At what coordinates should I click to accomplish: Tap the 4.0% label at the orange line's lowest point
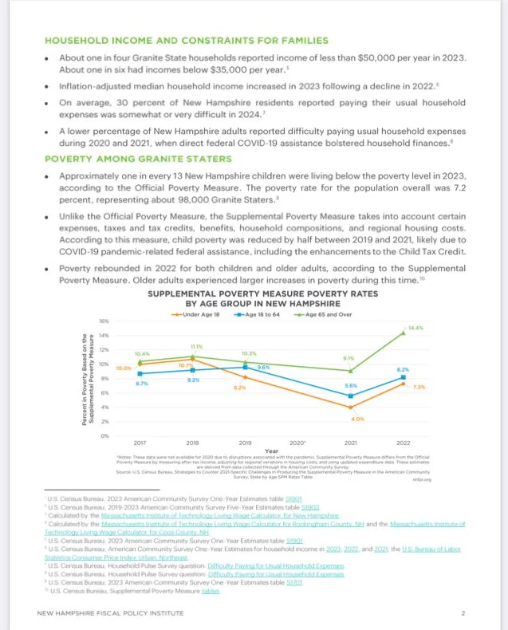pyautogui.click(x=356, y=419)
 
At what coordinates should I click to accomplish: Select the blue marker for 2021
pyautogui.click(x=350, y=396)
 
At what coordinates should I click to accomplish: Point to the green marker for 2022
pyautogui.click(x=403, y=332)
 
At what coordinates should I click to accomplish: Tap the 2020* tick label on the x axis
pyautogui.click(x=297, y=442)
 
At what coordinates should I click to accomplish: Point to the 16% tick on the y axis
pyautogui.click(x=104, y=321)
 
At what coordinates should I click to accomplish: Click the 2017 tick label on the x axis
pyautogui.click(x=140, y=442)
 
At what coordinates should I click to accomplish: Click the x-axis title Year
pyautogui.click(x=271, y=450)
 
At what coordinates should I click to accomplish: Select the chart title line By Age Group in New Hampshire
pyautogui.click(x=252, y=303)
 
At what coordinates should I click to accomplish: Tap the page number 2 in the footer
pyautogui.click(x=463, y=613)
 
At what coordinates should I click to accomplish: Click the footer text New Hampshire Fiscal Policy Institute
pyautogui.click(x=106, y=613)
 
